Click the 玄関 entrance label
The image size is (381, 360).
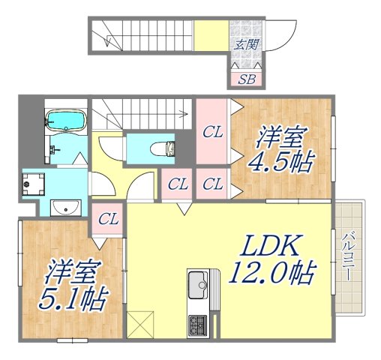(x=244, y=44)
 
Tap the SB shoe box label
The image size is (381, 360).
(x=244, y=79)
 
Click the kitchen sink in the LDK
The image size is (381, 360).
(x=199, y=283)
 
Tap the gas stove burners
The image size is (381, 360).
(x=199, y=325)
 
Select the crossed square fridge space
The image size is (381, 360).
(x=140, y=325)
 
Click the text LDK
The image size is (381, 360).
(x=271, y=245)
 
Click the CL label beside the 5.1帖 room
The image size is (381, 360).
(x=109, y=220)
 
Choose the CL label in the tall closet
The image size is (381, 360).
(x=213, y=133)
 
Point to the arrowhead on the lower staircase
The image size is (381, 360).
(x=185, y=115)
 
